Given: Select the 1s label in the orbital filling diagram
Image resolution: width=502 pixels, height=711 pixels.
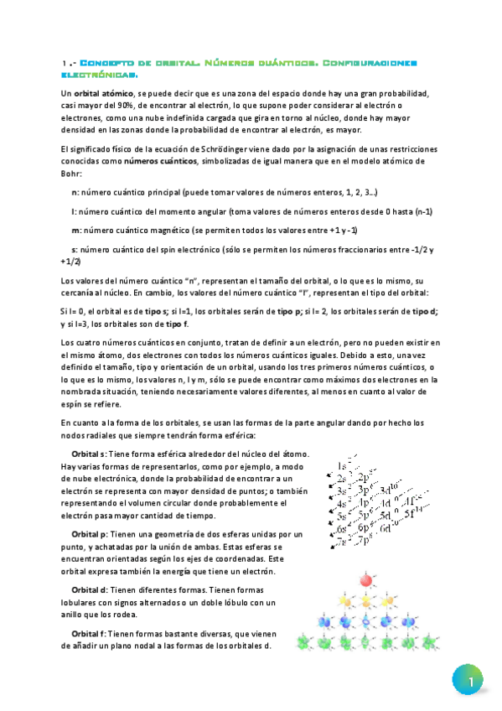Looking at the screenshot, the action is point(344,465).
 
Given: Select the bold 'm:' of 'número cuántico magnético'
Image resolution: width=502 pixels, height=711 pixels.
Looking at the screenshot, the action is point(76,230).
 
